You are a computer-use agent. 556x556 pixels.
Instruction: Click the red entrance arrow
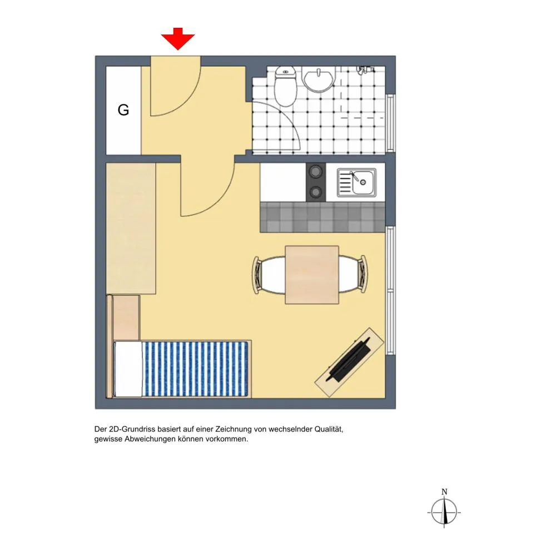(x=178, y=39)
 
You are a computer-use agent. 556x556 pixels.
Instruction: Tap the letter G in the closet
(x=123, y=110)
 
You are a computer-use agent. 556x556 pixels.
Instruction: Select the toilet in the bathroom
(x=286, y=86)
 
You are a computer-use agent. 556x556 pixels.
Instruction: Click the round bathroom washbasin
(x=319, y=80)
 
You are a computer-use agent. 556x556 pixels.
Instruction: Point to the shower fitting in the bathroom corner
(x=365, y=70)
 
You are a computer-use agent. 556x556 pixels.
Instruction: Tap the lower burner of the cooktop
(x=315, y=192)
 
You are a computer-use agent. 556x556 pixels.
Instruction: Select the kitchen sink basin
(x=356, y=182)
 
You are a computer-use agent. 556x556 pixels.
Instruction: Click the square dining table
(x=312, y=275)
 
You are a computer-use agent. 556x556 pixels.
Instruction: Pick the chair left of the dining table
(x=269, y=275)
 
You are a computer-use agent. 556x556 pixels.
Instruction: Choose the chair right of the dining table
(x=353, y=274)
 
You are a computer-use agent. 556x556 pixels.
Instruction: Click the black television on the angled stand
(x=349, y=360)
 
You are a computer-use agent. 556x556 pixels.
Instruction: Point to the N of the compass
(x=444, y=492)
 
